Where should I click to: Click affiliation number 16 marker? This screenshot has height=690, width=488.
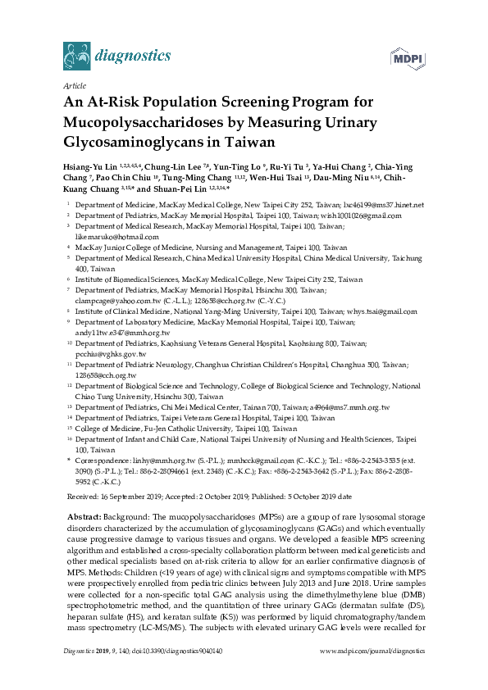(x=68, y=440)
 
